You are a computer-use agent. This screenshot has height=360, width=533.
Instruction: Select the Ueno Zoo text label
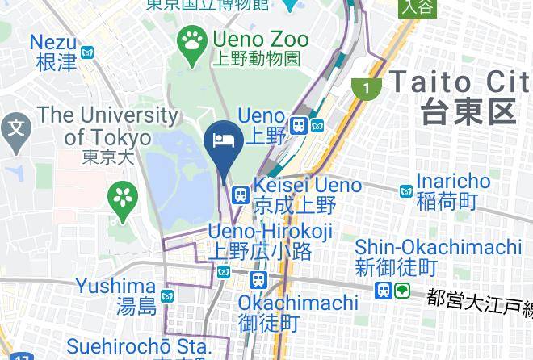click(260, 38)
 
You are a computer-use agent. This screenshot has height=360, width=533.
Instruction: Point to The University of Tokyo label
click(107, 126)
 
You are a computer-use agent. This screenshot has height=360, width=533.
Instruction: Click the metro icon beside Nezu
click(87, 52)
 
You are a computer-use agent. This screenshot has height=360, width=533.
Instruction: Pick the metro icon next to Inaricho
click(406, 190)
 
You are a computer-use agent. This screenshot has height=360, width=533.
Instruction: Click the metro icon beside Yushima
click(167, 296)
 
